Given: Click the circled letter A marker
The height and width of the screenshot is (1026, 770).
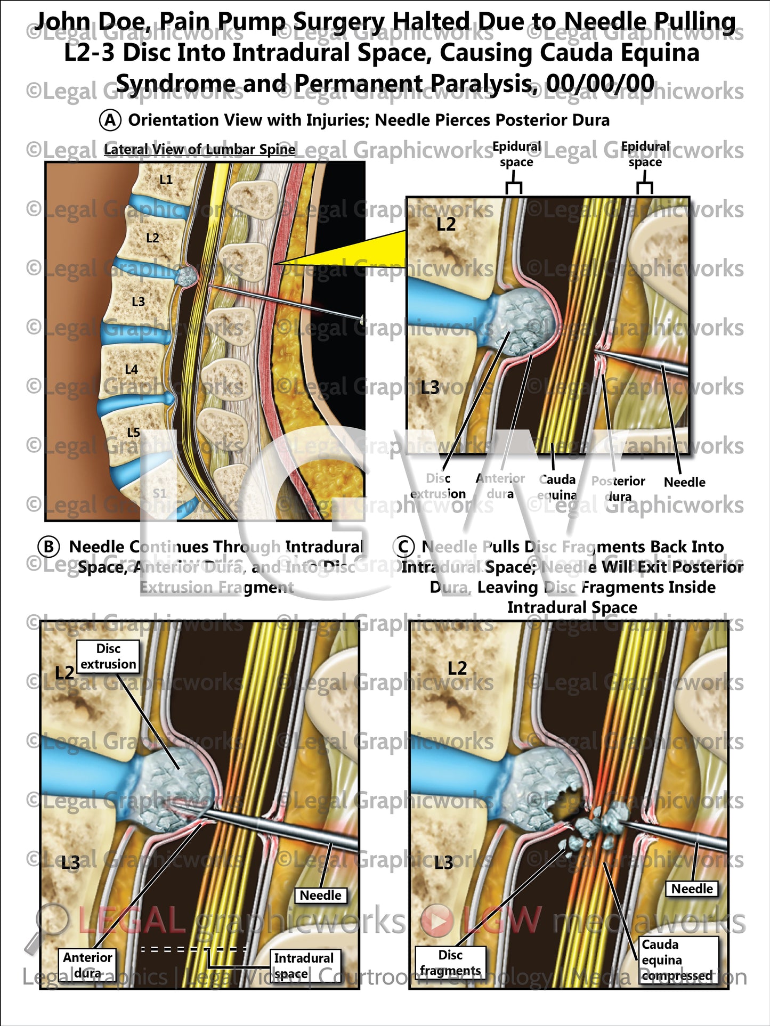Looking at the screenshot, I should (110, 120).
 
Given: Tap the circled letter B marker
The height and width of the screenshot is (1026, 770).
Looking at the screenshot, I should (48, 547).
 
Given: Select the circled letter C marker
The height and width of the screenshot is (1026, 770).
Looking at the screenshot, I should (403, 547).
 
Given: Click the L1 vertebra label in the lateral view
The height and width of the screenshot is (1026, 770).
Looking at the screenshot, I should (166, 180).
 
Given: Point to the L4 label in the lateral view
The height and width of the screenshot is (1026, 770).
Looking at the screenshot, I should (132, 369).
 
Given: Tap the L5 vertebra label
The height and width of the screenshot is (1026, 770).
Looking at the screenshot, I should (134, 432).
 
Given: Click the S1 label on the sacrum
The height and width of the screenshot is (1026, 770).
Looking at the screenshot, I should (160, 493).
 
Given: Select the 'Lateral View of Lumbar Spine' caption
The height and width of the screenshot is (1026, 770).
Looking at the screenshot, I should (199, 150).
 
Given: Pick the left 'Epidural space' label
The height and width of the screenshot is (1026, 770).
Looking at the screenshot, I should (516, 154).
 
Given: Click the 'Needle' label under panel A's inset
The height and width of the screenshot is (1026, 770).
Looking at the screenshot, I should (684, 482).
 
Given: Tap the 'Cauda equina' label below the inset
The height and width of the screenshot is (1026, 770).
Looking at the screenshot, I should (557, 487).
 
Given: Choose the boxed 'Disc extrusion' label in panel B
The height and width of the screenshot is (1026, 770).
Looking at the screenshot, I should (108, 656).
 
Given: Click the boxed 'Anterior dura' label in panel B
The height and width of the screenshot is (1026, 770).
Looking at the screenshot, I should (87, 965).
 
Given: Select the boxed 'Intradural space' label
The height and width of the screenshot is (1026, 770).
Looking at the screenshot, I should (304, 965).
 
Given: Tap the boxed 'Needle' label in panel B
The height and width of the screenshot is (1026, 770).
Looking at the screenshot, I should (320, 895).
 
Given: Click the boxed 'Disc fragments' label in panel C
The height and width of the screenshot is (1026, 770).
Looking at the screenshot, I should (450, 963).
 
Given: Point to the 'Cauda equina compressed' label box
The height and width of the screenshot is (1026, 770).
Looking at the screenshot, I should (678, 959).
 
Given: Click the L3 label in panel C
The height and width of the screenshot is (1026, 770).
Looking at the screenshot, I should (443, 862).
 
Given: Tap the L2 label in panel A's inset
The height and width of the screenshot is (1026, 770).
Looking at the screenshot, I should (446, 225).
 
